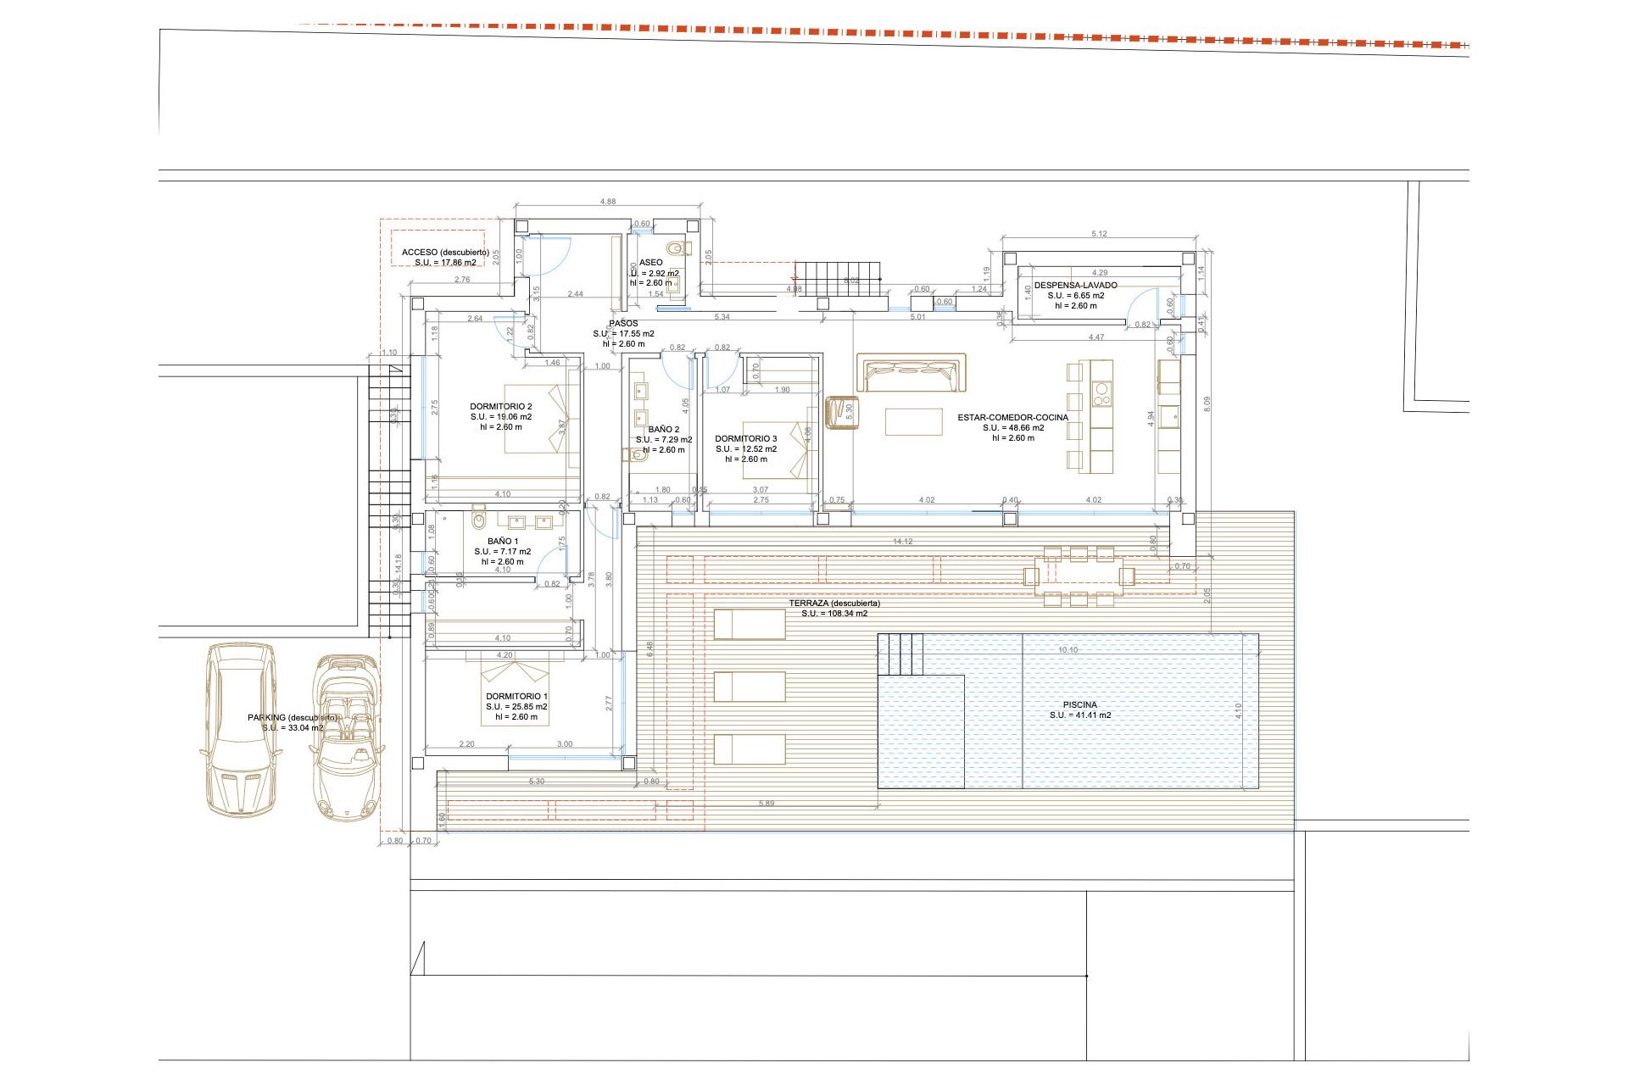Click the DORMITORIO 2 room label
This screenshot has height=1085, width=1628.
[x=501, y=407]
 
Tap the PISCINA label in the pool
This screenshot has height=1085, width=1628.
[x=1079, y=705]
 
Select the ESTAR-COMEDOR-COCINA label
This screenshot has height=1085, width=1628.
[x=1012, y=418]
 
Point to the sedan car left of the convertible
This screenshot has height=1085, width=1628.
[x=241, y=729]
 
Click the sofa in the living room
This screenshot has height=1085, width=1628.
[x=912, y=373]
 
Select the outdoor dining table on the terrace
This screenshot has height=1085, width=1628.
[x=1079, y=576]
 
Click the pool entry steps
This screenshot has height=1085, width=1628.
[x=900, y=654]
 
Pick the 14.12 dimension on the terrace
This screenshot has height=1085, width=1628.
[x=902, y=542]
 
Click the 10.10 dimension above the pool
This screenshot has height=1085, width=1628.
[x=1068, y=650]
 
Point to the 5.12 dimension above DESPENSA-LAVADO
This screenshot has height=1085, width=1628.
[x=1099, y=234]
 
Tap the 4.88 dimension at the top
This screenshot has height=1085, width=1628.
[x=608, y=202]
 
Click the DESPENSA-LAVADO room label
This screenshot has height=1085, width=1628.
[x=1075, y=286]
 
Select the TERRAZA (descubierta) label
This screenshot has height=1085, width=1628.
[x=834, y=604]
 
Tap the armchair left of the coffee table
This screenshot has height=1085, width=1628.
[x=842, y=413]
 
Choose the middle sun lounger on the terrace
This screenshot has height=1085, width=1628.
[x=750, y=687]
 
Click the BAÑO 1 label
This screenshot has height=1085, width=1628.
[x=503, y=542]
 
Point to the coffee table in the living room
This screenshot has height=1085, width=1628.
[x=913, y=421]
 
